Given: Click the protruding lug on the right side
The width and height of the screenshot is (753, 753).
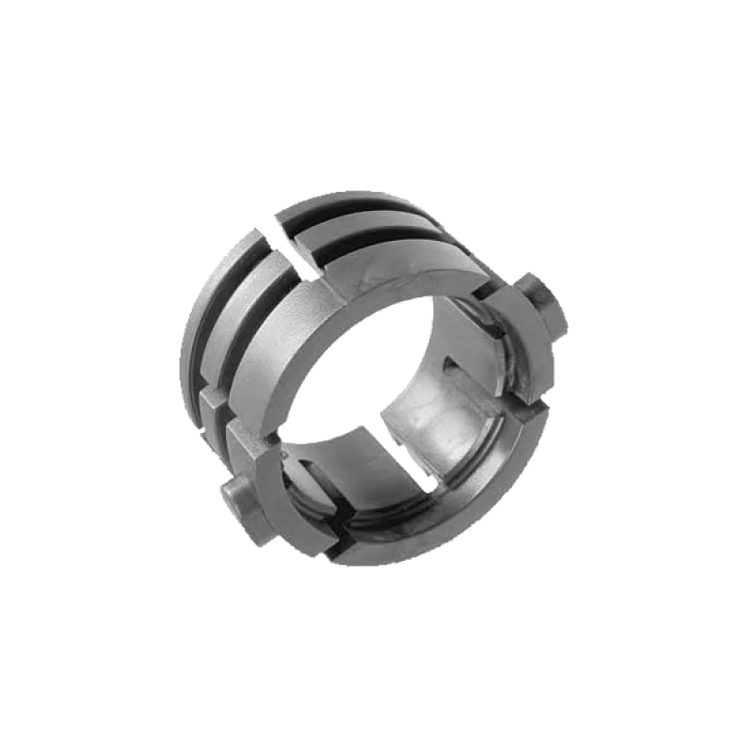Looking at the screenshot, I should click(544, 304).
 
